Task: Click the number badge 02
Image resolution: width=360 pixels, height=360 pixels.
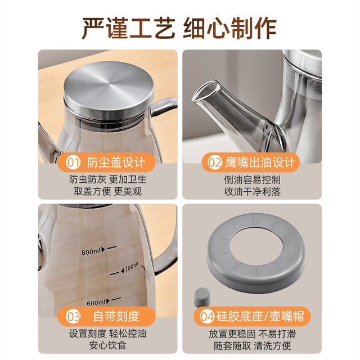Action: [x=215, y=163]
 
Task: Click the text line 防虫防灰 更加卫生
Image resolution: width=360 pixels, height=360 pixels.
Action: [x=108, y=179]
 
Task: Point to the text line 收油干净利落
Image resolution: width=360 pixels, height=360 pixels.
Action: [x=252, y=191]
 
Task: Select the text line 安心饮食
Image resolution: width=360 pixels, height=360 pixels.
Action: [x=108, y=344]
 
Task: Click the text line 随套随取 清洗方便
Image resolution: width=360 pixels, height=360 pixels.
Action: [x=252, y=344]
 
